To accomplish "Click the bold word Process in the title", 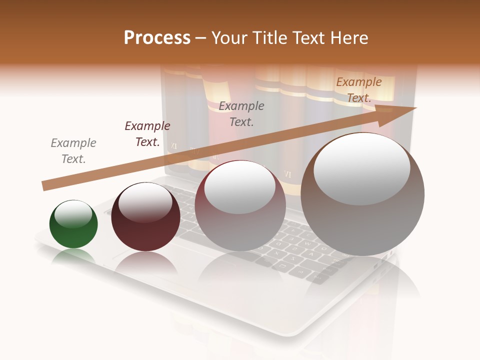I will (x=157, y=38).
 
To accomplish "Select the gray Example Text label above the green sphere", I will (x=73, y=151).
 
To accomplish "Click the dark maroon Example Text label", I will (x=147, y=134).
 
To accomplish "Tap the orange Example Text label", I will (x=359, y=90).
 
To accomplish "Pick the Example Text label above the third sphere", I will (x=241, y=113).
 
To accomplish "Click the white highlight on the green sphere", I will (x=73, y=214).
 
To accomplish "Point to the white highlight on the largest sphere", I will (x=361, y=168).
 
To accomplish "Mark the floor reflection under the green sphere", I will (x=73, y=257).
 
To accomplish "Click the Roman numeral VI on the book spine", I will (x=287, y=174).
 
